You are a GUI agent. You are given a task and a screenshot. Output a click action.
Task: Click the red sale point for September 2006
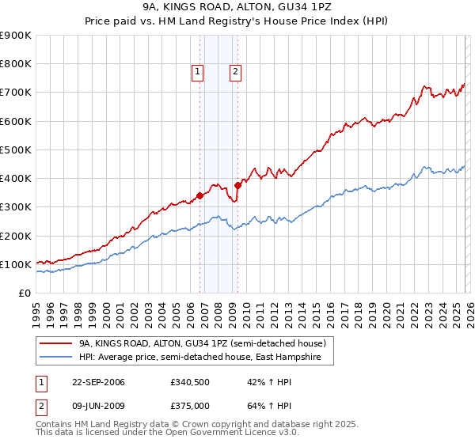199,195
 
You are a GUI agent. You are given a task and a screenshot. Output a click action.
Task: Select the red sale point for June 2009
237,185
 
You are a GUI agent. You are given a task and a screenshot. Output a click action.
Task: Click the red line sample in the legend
57,343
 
